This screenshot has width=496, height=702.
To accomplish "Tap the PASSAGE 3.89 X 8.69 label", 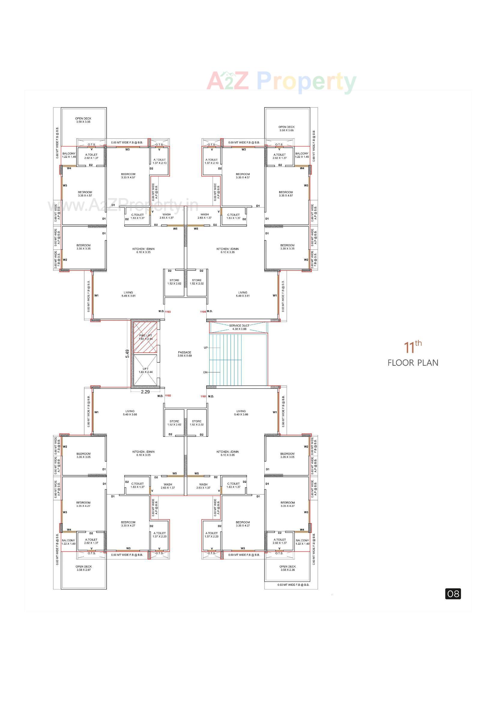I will [x=185, y=354].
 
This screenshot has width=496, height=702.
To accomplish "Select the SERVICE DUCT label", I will [x=239, y=327].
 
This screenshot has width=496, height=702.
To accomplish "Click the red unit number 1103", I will [x=168, y=312].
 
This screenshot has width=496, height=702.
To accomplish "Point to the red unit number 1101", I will [x=203, y=397].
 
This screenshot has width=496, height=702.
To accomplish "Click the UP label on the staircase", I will [x=206, y=348].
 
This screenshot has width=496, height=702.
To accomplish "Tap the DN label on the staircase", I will [x=205, y=372].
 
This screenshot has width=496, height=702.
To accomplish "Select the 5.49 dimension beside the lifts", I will [x=127, y=354].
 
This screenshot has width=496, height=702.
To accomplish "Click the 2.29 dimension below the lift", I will [x=145, y=392].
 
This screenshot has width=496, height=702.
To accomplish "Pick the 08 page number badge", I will [x=453, y=594].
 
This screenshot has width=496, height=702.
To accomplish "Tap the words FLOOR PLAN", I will [x=413, y=363].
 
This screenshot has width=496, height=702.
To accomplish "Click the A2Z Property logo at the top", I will [x=281, y=81].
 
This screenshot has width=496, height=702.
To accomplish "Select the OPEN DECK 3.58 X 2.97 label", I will [x=83, y=568].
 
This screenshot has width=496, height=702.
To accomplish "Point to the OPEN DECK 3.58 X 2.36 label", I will [x=287, y=568].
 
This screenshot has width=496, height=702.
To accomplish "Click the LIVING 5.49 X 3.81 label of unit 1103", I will [x=129, y=294].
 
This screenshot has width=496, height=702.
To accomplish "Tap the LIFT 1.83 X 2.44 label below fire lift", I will [x=146, y=370].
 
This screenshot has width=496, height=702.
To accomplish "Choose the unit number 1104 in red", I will [x=203, y=312].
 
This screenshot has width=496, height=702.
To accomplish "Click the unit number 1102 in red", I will [x=168, y=396].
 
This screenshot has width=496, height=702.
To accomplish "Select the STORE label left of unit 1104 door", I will [x=197, y=282].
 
